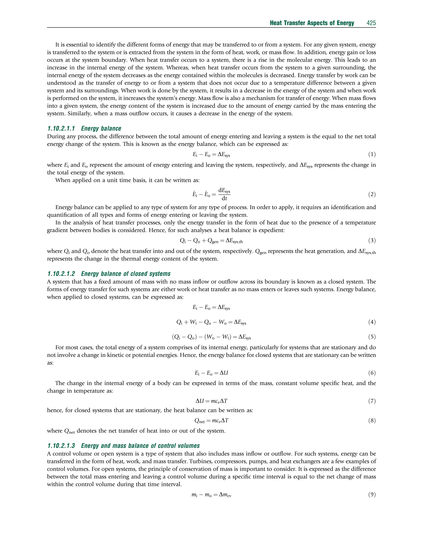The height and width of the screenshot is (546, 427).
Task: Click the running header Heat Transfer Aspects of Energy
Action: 312,23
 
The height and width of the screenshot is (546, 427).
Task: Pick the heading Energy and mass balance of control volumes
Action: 140,446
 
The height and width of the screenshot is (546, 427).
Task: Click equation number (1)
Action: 372,154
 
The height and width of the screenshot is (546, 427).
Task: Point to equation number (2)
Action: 372,194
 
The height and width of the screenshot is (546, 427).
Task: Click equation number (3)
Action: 372,241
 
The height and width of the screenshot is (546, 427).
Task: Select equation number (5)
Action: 372,337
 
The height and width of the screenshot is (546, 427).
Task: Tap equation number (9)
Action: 372,494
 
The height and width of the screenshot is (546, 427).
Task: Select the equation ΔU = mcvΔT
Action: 211,401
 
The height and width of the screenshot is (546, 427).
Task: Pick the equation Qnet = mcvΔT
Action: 211,421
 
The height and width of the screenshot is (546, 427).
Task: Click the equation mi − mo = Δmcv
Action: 211,495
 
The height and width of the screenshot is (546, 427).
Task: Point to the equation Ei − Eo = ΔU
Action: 211,373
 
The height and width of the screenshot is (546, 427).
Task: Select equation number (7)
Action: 372,401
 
